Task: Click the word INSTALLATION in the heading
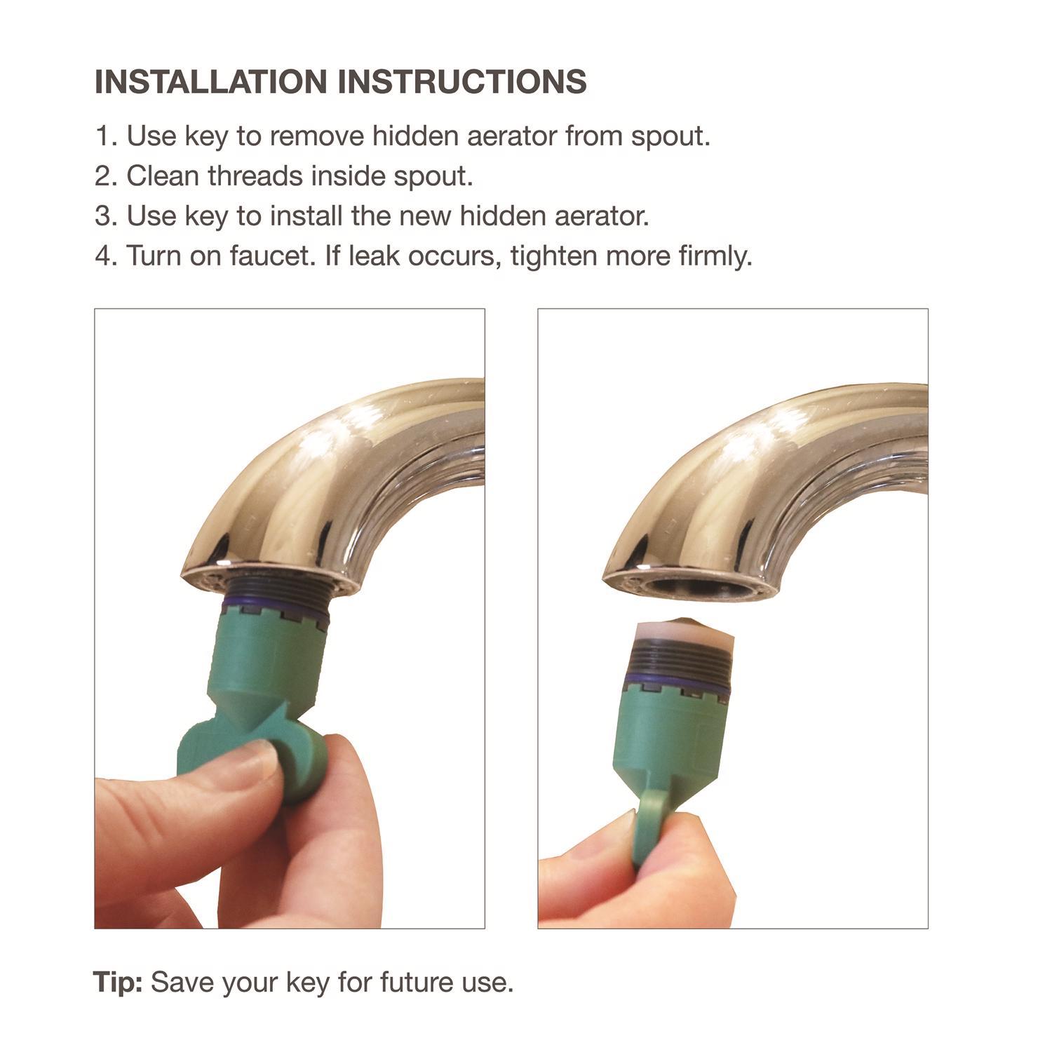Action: tap(211, 82)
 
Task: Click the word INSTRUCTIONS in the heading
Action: tap(462, 82)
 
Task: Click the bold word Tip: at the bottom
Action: tap(118, 982)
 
